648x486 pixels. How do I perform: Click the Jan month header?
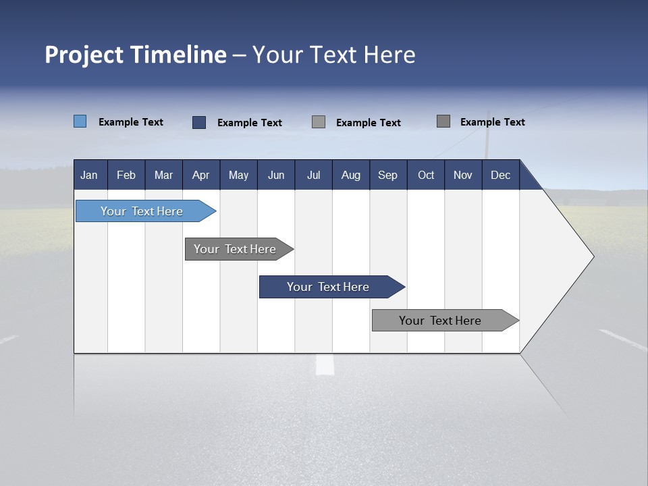click(89, 175)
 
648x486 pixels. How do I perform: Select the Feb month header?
click(126, 175)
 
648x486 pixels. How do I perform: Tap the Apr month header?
click(200, 175)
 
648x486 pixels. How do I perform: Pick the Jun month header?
click(276, 175)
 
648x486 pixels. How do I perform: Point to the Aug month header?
click(351, 175)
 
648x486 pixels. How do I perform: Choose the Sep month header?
click(387, 175)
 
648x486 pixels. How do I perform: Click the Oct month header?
click(426, 175)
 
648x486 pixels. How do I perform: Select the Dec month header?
click(501, 175)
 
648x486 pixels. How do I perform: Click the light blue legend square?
click(80, 122)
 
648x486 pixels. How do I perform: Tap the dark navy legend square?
click(199, 122)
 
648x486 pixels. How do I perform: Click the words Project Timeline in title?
click(135, 55)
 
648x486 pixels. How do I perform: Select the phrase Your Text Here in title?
click(334, 55)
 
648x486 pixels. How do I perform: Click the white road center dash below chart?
click(325, 365)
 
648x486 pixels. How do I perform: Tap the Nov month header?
click(463, 175)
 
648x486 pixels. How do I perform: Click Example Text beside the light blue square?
click(131, 122)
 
